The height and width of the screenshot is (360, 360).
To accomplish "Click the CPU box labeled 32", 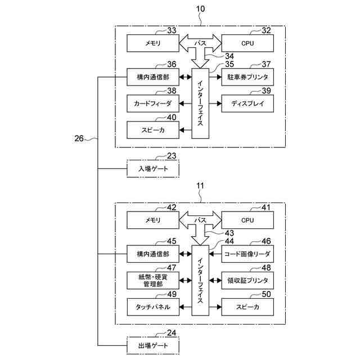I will tap(247, 43).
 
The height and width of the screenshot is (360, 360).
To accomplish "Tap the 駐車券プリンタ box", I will tap(247, 76).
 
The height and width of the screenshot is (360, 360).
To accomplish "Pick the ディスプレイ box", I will tap(247, 103).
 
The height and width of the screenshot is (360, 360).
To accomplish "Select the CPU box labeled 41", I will tap(247, 220).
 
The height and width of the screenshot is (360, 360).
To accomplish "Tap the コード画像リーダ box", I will tap(247, 254).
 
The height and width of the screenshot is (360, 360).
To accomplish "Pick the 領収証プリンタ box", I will tap(247, 280).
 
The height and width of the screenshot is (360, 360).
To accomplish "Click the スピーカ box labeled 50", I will tap(247, 307).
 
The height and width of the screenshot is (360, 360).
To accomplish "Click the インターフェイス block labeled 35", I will tap(200, 103).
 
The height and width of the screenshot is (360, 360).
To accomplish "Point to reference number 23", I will tap(172, 156).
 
